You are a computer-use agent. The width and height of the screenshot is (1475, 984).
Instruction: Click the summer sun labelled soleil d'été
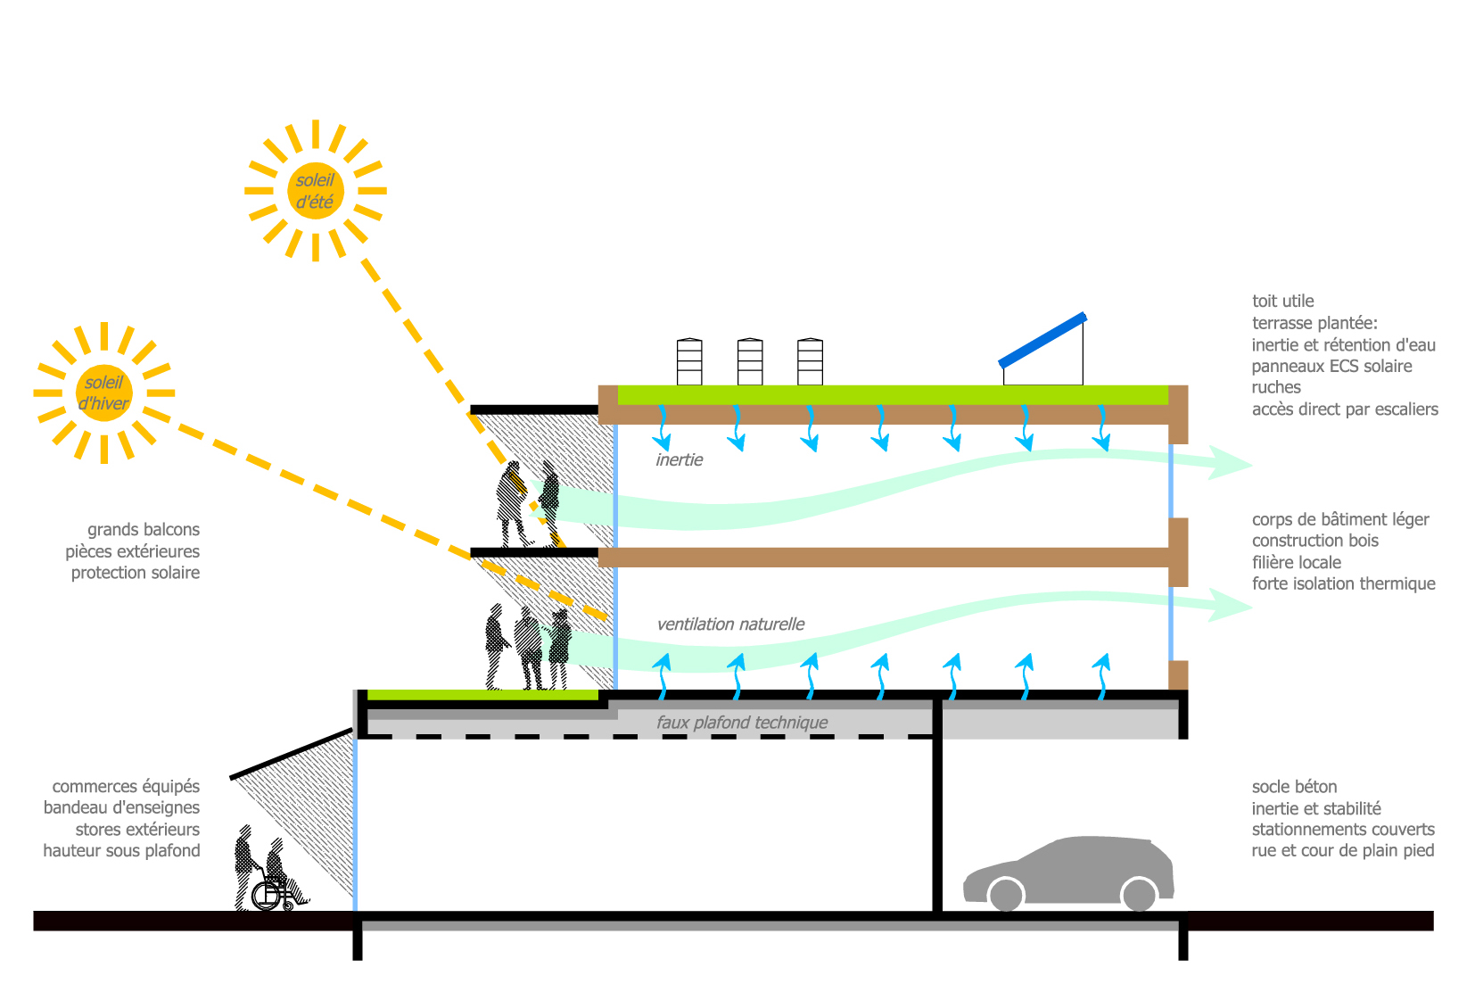tap(316, 191)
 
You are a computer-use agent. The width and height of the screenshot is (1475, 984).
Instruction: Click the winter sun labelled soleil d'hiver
tap(104, 393)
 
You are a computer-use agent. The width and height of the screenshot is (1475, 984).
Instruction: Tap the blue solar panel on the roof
tap(1042, 340)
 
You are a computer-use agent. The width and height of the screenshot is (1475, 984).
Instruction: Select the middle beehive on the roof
tap(750, 361)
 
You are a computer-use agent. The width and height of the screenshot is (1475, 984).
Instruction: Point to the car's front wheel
tap(1006, 894)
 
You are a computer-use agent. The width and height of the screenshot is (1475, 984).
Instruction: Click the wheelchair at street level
tap(273, 893)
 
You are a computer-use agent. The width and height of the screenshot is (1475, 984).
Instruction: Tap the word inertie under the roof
tap(680, 460)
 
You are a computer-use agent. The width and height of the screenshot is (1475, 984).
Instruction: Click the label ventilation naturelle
tap(730, 624)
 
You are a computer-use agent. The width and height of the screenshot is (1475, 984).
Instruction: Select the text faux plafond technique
tap(742, 723)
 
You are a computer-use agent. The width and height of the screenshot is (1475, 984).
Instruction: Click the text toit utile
tap(1282, 302)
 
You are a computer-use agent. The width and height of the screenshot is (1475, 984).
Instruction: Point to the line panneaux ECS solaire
tap(1331, 367)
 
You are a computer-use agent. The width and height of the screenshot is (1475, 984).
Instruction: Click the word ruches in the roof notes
tap(1276, 388)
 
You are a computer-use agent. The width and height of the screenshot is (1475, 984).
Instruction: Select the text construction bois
tap(1314, 541)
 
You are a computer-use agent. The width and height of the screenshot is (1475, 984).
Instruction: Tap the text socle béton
tap(1294, 787)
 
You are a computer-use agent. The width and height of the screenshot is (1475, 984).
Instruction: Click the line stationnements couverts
tap(1342, 830)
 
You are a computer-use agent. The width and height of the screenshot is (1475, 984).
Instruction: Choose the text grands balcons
tap(144, 530)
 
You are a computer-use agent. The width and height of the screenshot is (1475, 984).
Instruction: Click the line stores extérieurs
tap(137, 830)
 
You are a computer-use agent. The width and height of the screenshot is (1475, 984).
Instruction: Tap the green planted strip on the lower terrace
tap(482, 694)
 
